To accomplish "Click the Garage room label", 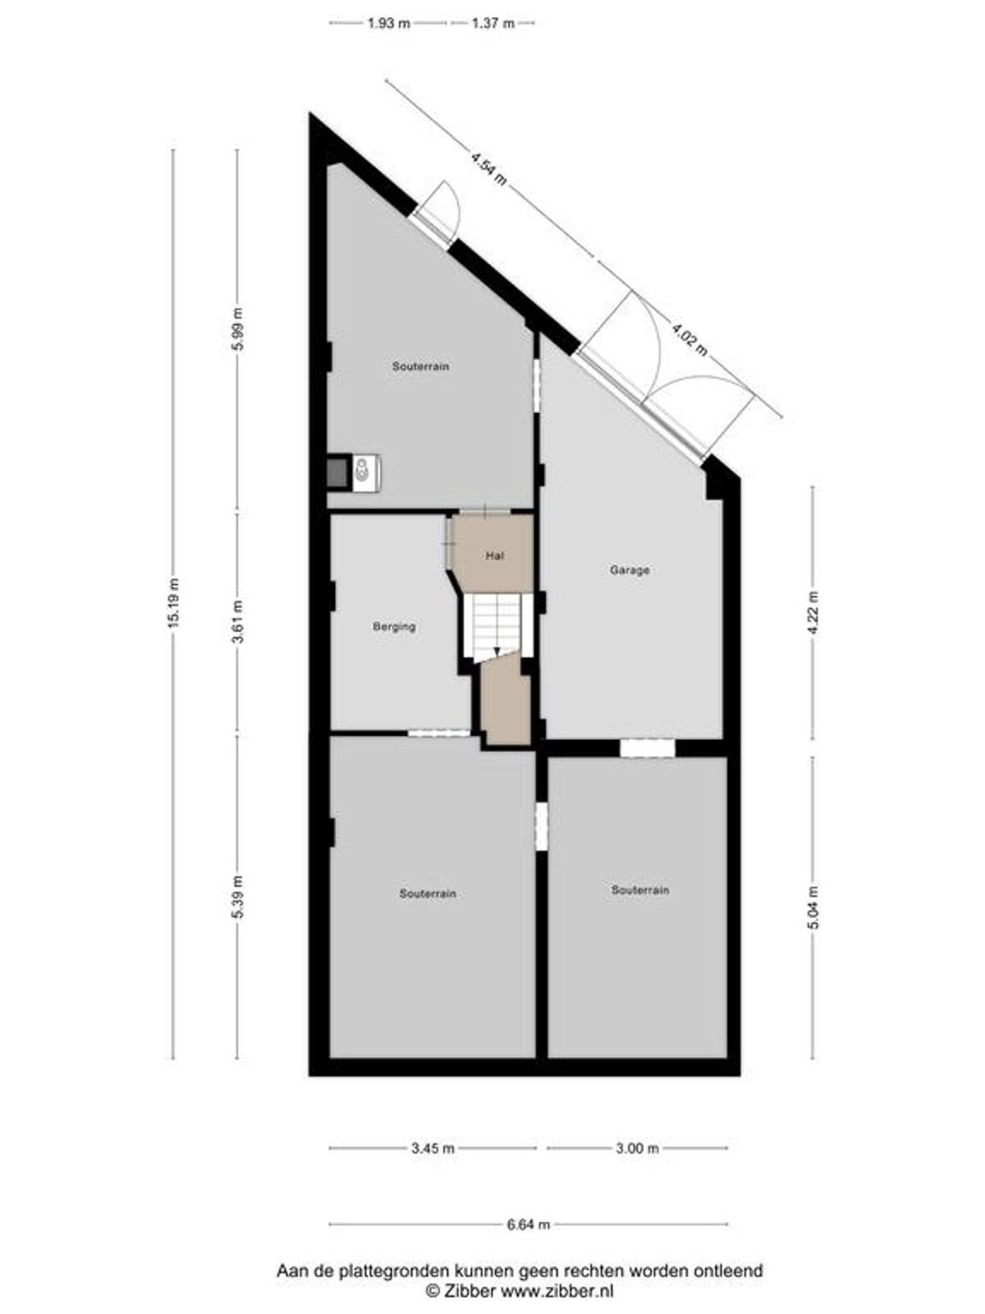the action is pos(629,570).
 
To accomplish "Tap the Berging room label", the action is pos(394,627).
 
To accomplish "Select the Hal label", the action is pos(495,555).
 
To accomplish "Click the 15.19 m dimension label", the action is pos(173,603).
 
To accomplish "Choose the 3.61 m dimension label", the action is pos(238,622).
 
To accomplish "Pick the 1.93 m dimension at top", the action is pos(389,23).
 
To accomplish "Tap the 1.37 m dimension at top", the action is pos(492,23).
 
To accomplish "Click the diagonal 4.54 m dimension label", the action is pos(488,169).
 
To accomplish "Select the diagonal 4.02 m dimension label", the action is pos(689,339).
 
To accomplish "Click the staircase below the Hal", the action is pos(497,626).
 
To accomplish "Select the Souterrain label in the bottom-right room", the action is pos(640,890).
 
